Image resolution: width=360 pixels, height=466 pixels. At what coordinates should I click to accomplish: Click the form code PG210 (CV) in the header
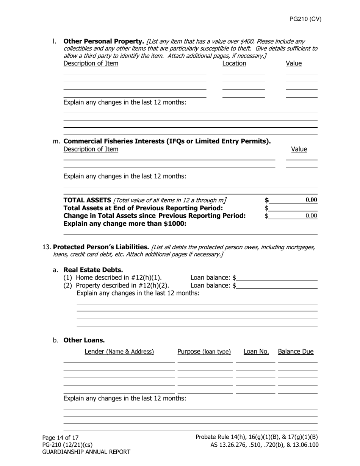pos(305,19)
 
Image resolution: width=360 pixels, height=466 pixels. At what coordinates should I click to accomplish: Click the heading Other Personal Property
pos(103,41)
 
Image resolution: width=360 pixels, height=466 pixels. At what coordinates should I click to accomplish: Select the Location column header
pos(234,64)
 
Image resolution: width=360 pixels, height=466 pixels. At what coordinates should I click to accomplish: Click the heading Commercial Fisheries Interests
pos(167,141)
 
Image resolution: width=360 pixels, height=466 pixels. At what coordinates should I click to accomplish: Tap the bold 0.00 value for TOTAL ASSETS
pos(311,200)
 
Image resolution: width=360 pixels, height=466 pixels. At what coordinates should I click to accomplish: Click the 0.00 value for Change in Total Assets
pos(311,216)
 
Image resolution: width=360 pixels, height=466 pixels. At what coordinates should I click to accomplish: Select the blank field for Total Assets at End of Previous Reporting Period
pos(293,208)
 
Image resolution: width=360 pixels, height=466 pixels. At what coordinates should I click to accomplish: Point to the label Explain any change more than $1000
pos(125,224)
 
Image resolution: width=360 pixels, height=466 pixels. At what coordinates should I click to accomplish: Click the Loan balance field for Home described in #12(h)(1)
pos(277,278)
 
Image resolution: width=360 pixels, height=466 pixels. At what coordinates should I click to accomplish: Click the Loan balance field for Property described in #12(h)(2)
pos(277,285)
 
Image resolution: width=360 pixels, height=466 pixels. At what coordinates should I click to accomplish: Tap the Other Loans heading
pos(84,340)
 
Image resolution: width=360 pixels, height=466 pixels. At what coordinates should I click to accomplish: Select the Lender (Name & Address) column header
pos(119,352)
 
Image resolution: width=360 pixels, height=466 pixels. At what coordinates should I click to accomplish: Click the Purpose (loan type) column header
pos(204,352)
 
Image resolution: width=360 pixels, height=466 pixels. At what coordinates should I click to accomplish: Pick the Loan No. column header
pos(256,352)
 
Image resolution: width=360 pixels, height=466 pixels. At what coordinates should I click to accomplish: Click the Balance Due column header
pos(296,352)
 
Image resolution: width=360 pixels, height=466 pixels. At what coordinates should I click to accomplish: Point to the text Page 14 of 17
pos(60,438)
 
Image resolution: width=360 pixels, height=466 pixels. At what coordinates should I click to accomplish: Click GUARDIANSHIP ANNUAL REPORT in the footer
pos(86,452)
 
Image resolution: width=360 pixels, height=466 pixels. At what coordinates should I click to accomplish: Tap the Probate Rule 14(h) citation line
pos(257,437)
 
